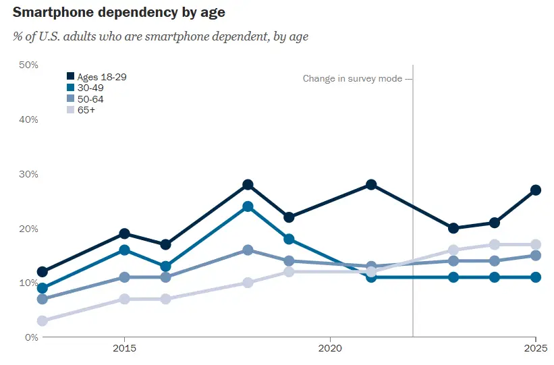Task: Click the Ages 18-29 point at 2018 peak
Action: pyautogui.click(x=248, y=185)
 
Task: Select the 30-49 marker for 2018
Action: pyautogui.click(x=248, y=206)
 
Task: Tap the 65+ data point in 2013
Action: pyautogui.click(x=42, y=321)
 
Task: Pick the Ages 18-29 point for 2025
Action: pyautogui.click(x=536, y=190)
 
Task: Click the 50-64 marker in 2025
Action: pyautogui.click(x=536, y=256)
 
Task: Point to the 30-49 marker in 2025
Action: pyautogui.click(x=536, y=277)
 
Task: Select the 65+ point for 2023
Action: pyautogui.click(x=453, y=250)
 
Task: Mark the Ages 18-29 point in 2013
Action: pyautogui.click(x=42, y=272)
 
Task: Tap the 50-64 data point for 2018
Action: pyautogui.click(x=248, y=250)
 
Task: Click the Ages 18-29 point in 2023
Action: pyautogui.click(x=453, y=228)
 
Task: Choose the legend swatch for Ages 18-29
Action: pyautogui.click(x=70, y=77)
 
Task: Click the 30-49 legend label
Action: pyautogui.click(x=90, y=88)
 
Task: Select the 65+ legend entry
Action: pyautogui.click(x=86, y=110)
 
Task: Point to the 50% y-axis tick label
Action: pyautogui.click(x=28, y=65)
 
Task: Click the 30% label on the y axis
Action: pyautogui.click(x=28, y=174)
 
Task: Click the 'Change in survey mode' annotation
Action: pyautogui.click(x=352, y=79)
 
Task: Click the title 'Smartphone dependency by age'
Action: pyautogui.click(x=119, y=12)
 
